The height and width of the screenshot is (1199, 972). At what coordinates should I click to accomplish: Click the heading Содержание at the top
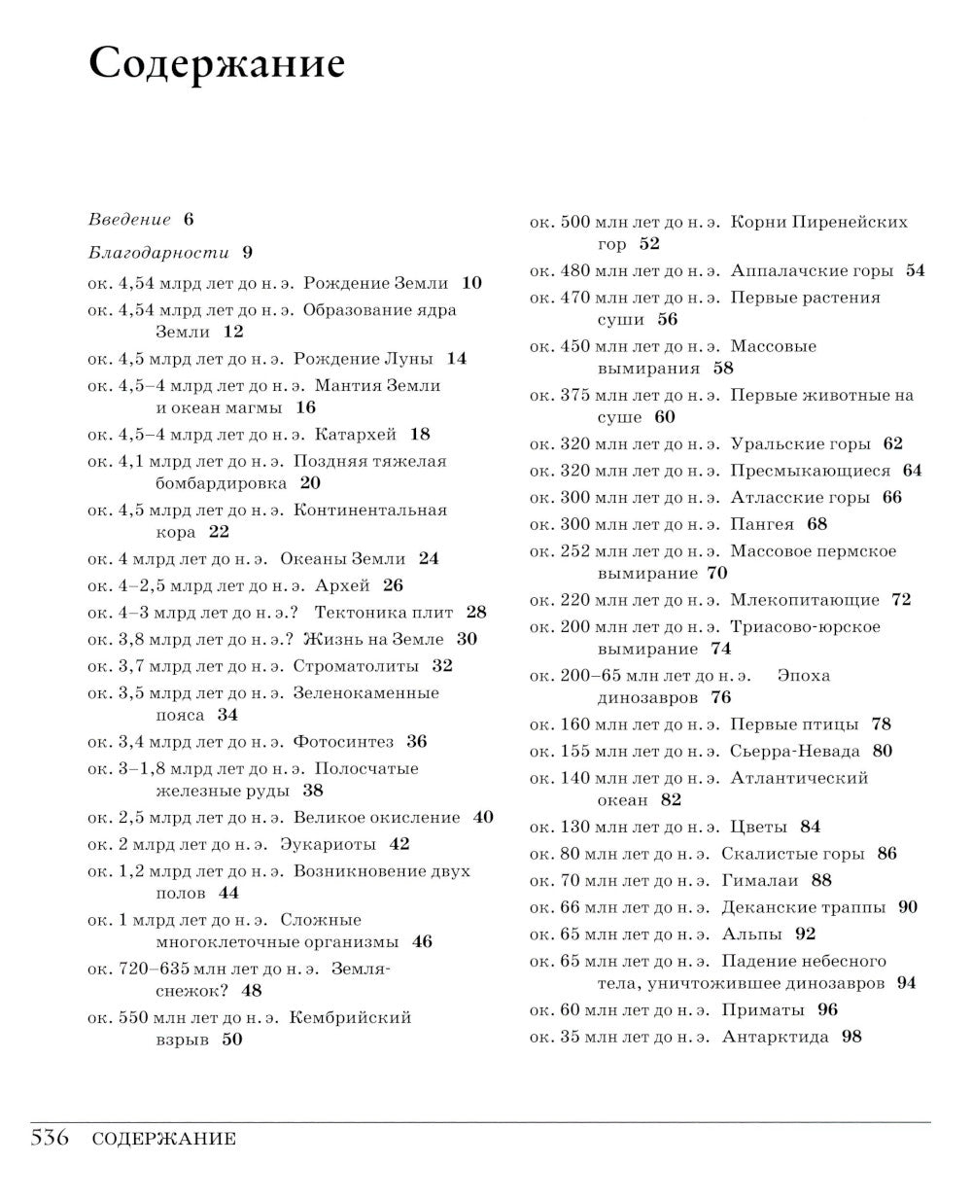pyautogui.click(x=216, y=64)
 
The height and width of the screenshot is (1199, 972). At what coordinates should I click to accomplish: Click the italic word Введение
pyautogui.click(x=129, y=220)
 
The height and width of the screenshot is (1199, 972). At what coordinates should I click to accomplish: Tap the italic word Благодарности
pyautogui.click(x=158, y=253)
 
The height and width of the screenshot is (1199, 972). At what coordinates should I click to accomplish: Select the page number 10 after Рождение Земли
pyautogui.click(x=471, y=283)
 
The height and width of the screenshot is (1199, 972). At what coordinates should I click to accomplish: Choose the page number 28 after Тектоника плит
pyautogui.click(x=476, y=612)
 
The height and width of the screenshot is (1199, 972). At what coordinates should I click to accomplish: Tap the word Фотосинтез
pyautogui.click(x=343, y=742)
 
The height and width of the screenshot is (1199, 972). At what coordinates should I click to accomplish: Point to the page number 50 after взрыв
pyautogui.click(x=231, y=1040)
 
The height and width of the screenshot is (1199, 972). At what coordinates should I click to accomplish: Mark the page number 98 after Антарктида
pyautogui.click(x=851, y=1037)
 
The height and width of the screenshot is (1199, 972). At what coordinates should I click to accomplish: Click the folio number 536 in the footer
pyautogui.click(x=51, y=1139)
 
